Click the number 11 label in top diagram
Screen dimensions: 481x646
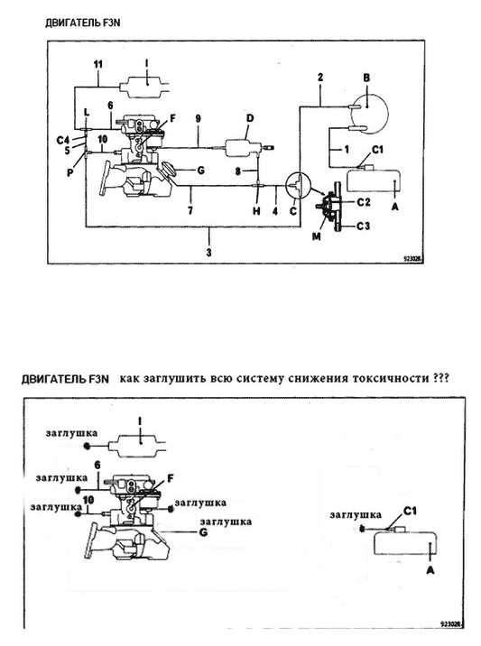click(98, 65)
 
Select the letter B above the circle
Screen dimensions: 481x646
click(366, 77)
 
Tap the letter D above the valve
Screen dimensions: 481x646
click(250, 118)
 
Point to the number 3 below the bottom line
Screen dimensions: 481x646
click(209, 252)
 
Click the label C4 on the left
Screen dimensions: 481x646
click(63, 141)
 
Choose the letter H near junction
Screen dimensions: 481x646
click(256, 211)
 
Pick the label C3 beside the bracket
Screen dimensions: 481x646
click(363, 226)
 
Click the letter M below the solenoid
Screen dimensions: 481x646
click(317, 236)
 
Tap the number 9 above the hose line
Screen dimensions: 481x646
click(199, 119)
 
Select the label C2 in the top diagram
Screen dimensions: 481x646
click(364, 202)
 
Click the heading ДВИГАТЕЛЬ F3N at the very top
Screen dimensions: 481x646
click(83, 23)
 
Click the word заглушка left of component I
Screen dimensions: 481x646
click(71, 433)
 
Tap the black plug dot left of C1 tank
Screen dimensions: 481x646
click(363, 528)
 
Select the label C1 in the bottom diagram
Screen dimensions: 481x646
click(410, 512)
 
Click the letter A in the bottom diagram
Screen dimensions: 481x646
click(430, 570)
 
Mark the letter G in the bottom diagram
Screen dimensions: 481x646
click(203, 532)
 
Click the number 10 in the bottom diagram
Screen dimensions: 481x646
click(88, 500)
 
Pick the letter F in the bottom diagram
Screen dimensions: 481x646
click(171, 478)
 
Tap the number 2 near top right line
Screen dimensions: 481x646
click(320, 77)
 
